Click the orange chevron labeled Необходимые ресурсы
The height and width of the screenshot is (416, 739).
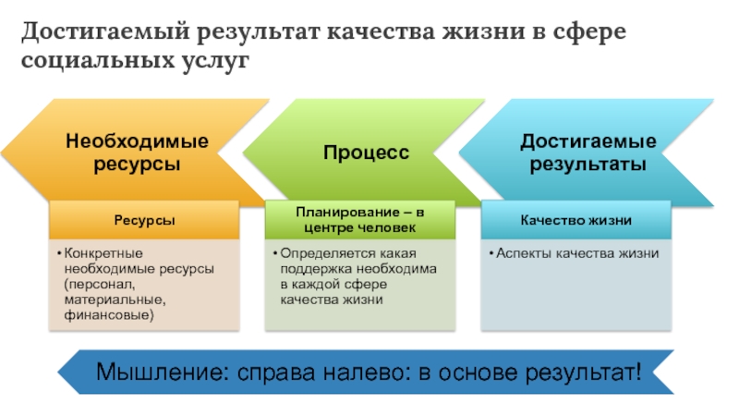coord(136,153)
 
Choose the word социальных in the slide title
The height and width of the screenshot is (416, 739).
coord(90,63)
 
